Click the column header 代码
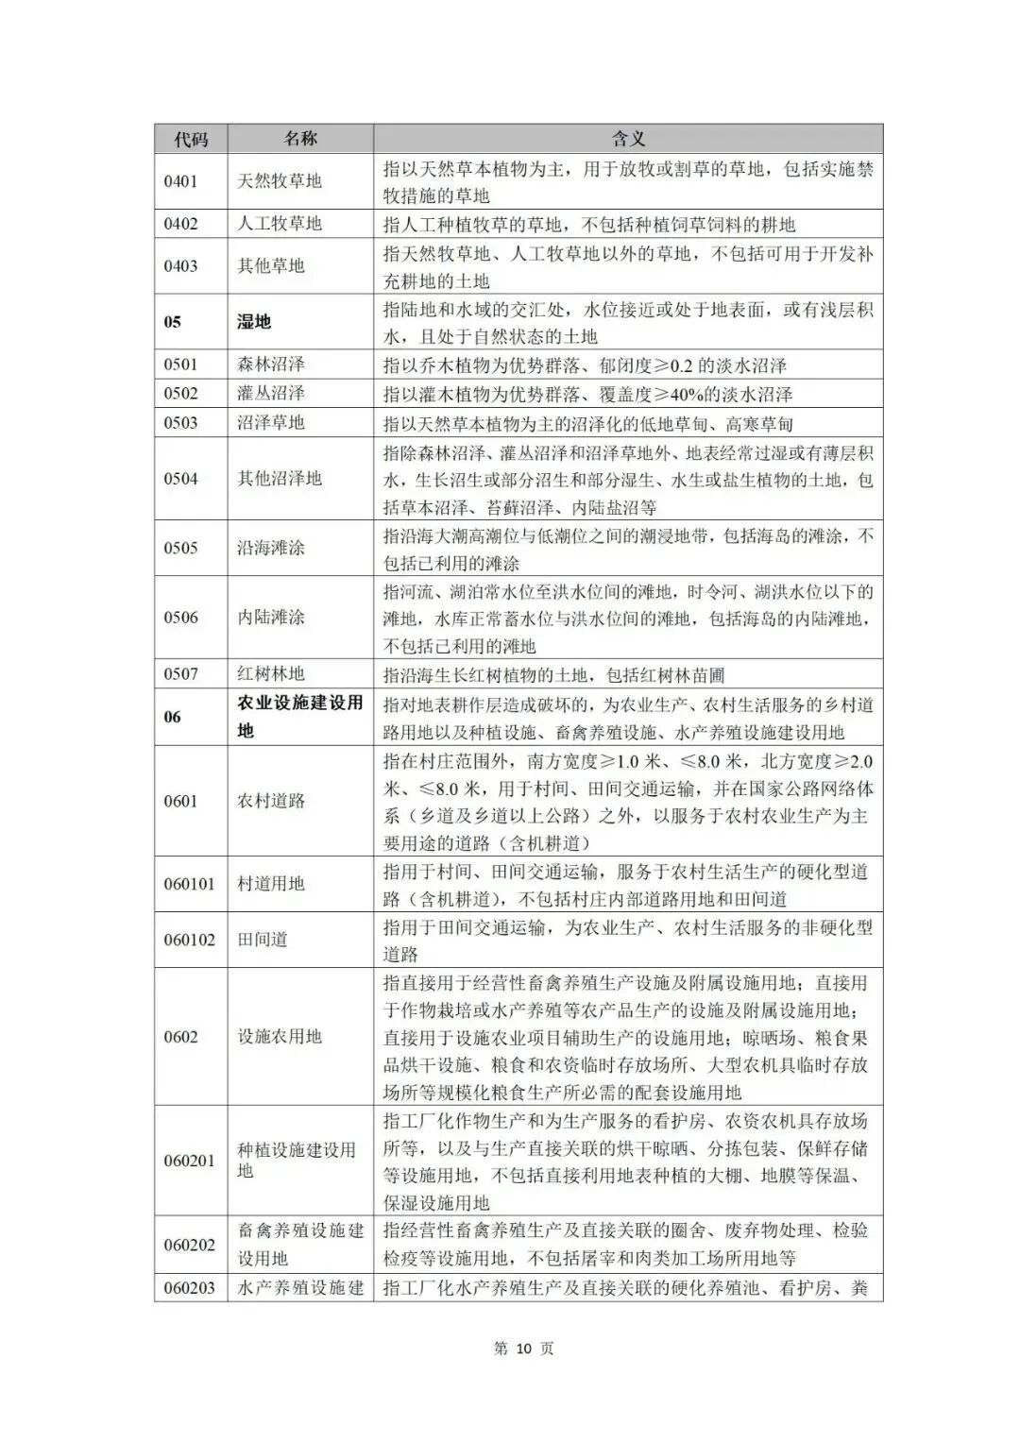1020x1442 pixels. (191, 139)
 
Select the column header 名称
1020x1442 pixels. (300, 138)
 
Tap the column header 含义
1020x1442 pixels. (628, 139)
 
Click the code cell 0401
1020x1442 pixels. (180, 181)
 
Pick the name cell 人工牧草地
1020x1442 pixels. (280, 224)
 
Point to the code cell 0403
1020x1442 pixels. (180, 266)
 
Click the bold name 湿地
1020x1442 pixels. (254, 322)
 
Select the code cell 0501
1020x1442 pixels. (180, 365)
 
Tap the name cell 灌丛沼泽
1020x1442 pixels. (271, 394)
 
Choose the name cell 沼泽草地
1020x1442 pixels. (271, 423)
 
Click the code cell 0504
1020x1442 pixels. (180, 479)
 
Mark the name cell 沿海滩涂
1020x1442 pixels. (271, 548)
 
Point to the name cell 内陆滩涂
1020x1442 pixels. (271, 618)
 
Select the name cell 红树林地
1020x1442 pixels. (271, 674)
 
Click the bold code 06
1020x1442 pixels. (172, 717)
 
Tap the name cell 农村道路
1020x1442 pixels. (271, 801)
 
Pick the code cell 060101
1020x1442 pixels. (189, 884)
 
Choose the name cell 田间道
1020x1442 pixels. (263, 940)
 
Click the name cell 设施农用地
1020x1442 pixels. (280, 1037)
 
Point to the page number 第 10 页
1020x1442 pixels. (524, 1349)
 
